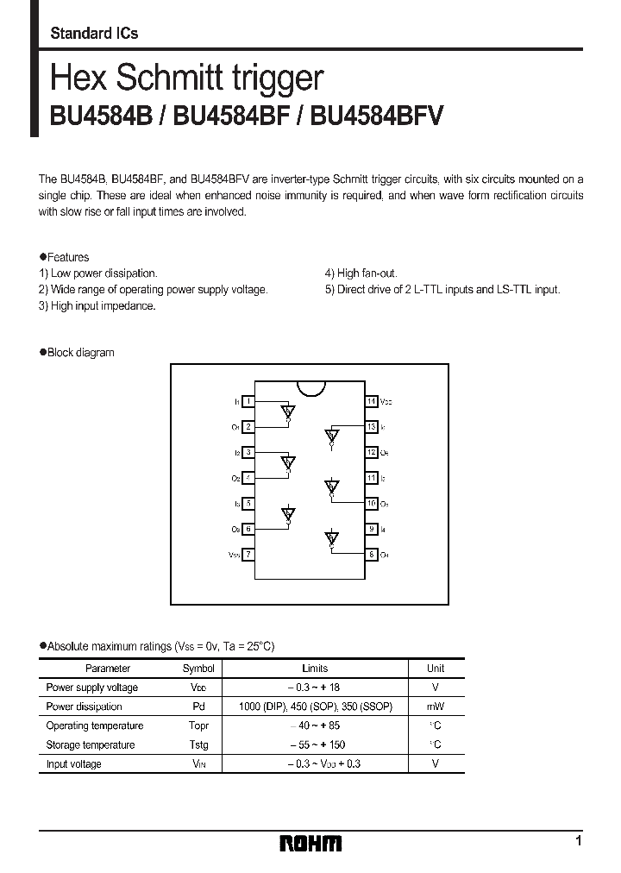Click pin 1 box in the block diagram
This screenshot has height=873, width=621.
(248, 401)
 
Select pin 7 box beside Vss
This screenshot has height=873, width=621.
(248, 555)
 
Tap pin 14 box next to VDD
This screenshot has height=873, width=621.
(372, 401)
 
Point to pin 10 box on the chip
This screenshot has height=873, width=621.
(372, 503)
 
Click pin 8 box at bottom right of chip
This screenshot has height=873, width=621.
(372, 555)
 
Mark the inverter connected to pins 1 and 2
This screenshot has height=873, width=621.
(288, 412)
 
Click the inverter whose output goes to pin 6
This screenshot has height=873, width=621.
(288, 516)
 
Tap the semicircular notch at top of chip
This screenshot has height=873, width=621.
(310, 384)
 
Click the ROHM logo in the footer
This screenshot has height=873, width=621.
(310, 843)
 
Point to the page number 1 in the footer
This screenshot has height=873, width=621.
(578, 841)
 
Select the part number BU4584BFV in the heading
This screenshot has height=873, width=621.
(377, 116)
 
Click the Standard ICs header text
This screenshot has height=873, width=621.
(94, 34)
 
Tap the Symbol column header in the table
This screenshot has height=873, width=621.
(198, 668)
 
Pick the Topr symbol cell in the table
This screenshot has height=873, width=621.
(198, 725)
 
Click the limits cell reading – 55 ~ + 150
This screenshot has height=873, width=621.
(315, 744)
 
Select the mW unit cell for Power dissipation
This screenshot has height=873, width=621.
(436, 707)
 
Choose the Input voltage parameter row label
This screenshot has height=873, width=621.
(73, 763)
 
